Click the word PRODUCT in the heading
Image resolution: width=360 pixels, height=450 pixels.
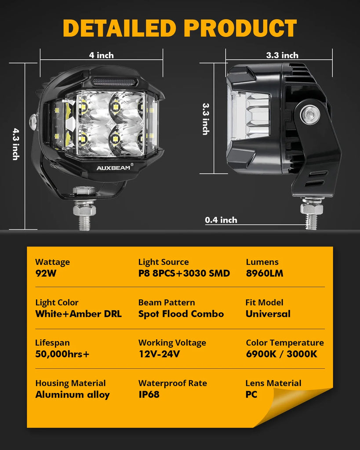pyautogui.click(x=240, y=28)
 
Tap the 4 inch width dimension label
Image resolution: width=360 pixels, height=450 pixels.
pyautogui.click(x=101, y=55)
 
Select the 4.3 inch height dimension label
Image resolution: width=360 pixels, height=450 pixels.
pyautogui.click(x=15, y=144)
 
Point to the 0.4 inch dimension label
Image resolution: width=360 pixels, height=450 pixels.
pyautogui.click(x=221, y=220)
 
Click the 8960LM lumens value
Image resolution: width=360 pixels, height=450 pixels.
pyautogui.click(x=265, y=273)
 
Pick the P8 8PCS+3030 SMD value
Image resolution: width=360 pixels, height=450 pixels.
pyautogui.click(x=184, y=273)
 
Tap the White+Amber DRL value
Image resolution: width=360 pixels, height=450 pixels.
pyautogui.click(x=78, y=314)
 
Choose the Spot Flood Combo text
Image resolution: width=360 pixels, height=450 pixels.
pyautogui.click(x=181, y=314)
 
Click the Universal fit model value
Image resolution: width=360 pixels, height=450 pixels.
pyautogui.click(x=268, y=314)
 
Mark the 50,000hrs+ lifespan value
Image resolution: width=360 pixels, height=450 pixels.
pyautogui.click(x=62, y=354)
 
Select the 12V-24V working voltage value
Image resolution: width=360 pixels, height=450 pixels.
pyautogui.click(x=159, y=354)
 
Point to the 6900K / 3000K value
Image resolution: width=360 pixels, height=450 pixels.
pyautogui.click(x=281, y=354)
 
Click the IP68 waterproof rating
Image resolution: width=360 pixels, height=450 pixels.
pyautogui.click(x=149, y=394)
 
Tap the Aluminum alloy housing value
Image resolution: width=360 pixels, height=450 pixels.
pyautogui.click(x=72, y=394)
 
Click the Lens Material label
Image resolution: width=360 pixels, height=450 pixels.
pyautogui.click(x=273, y=383)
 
